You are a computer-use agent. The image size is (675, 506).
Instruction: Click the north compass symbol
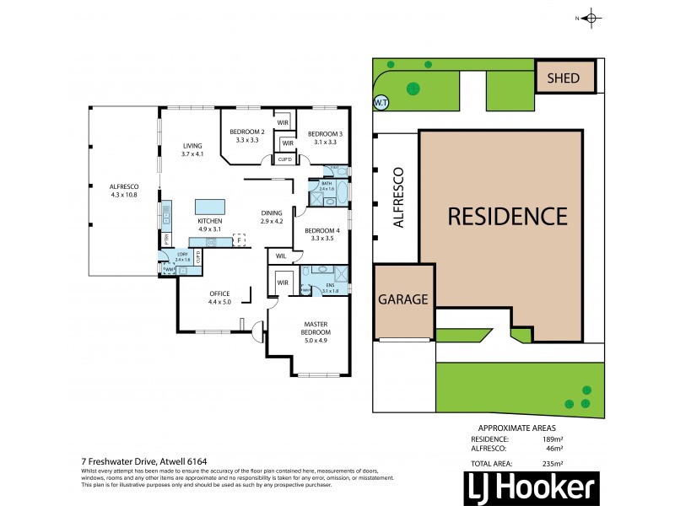pos(591,18)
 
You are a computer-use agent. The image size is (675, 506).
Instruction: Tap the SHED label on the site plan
pos(564,78)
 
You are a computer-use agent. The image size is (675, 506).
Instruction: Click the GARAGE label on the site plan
pos(404,299)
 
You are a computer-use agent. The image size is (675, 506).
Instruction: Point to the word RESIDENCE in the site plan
pos(507,216)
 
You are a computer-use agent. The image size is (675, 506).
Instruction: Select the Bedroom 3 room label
pos(324,137)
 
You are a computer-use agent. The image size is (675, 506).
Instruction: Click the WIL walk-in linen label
pos(278,256)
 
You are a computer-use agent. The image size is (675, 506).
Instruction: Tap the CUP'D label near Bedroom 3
pos(285,159)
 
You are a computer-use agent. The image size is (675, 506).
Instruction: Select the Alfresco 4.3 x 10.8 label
pos(123,190)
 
